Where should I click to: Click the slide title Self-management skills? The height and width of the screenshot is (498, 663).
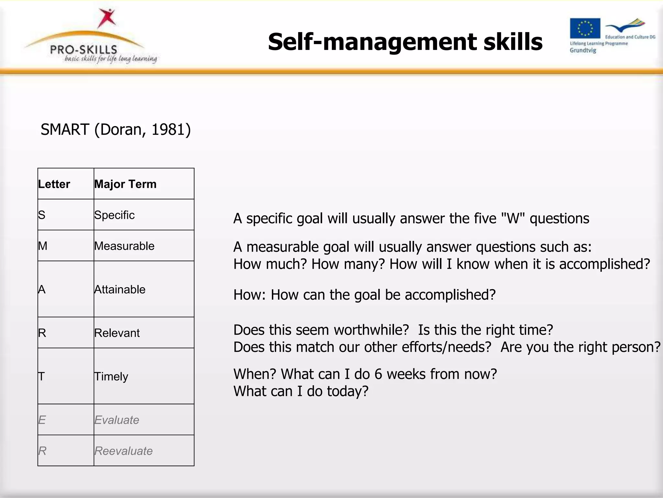coord(405,42)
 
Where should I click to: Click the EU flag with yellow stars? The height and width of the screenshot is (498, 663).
coord(585,28)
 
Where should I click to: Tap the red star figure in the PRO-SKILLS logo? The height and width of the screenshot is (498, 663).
coord(107,18)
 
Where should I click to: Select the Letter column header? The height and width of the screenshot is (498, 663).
coord(54,184)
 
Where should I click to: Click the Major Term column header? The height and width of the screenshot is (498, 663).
coord(125,184)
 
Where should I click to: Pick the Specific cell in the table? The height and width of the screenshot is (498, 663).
coord(114,215)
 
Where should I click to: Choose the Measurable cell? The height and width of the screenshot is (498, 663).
coord(124,246)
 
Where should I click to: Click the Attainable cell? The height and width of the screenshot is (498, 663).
coord(120,289)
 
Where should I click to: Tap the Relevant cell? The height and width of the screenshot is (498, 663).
coord(117,333)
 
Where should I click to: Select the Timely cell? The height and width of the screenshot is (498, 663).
coord(111,376)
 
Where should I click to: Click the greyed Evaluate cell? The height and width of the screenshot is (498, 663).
coord(117,420)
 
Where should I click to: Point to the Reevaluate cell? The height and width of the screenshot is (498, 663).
coord(123,451)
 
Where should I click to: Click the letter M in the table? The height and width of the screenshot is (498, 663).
coord(43,246)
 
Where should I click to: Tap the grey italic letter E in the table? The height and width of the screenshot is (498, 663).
coord(42,420)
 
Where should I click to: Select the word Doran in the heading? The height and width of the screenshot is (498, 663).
coord(120,130)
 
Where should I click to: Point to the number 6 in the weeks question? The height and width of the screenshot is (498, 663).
coord(378,374)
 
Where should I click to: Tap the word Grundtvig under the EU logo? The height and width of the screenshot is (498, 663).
coord(583,50)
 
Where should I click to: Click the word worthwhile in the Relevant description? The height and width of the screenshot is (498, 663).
coord(371,330)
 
